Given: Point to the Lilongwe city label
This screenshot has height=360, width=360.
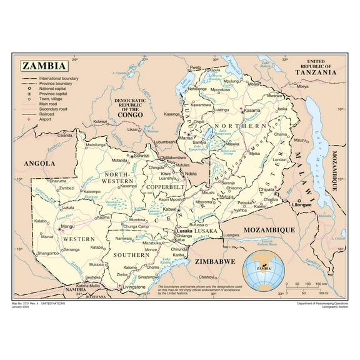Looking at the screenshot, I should tap(301, 204).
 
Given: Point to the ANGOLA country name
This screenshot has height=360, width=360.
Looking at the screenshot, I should tap(39, 163).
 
